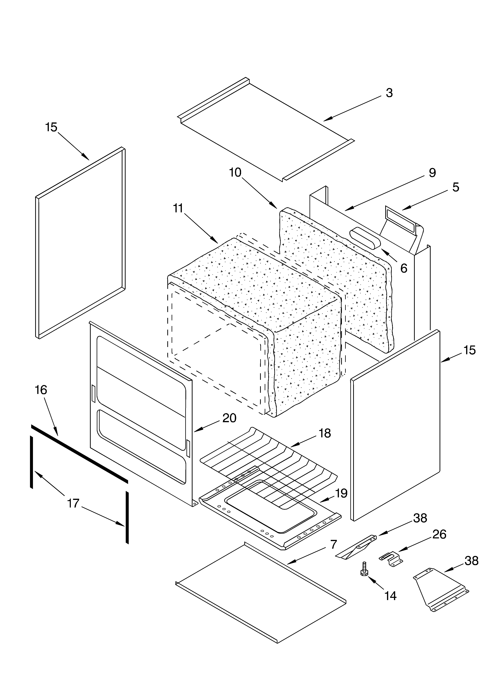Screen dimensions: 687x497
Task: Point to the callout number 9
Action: [x=432, y=173]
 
